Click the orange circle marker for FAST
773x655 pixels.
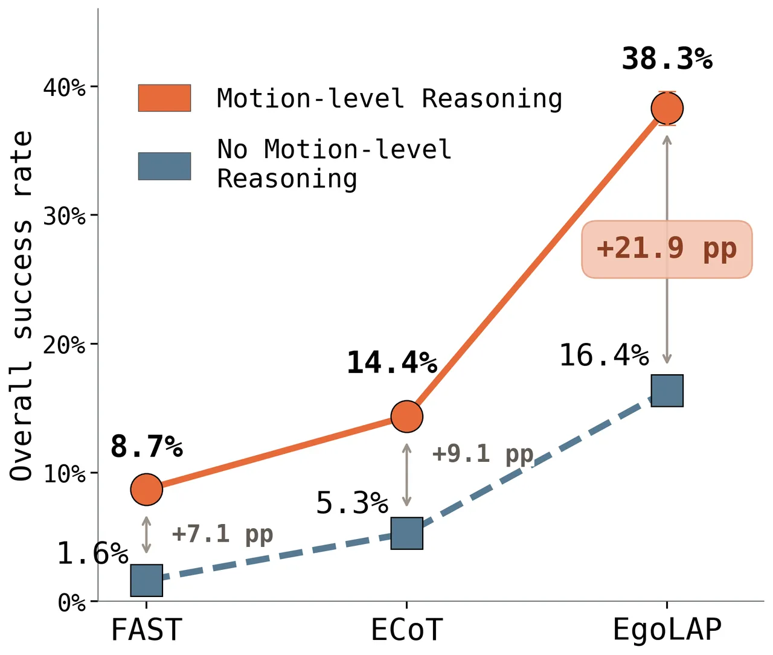(147, 490)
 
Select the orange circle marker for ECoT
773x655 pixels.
(407, 417)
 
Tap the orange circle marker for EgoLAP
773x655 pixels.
(667, 109)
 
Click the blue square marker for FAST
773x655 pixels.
(147, 581)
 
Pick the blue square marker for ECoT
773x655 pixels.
(407, 534)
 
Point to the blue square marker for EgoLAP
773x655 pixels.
(667, 391)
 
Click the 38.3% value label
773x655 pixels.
(667, 59)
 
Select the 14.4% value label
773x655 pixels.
(392, 363)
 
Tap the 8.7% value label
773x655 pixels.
(147, 446)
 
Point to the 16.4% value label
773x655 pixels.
(604, 355)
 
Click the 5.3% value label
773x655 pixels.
(352, 503)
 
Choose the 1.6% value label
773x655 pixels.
(93, 554)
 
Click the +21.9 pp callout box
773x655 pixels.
(667, 249)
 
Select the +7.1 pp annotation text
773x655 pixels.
(222, 534)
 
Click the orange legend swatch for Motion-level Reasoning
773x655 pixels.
(164, 98)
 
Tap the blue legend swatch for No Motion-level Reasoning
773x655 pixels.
(164, 166)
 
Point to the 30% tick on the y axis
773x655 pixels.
(65, 216)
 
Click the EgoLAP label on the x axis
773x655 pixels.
(667, 631)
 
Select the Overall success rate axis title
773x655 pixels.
(21, 306)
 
